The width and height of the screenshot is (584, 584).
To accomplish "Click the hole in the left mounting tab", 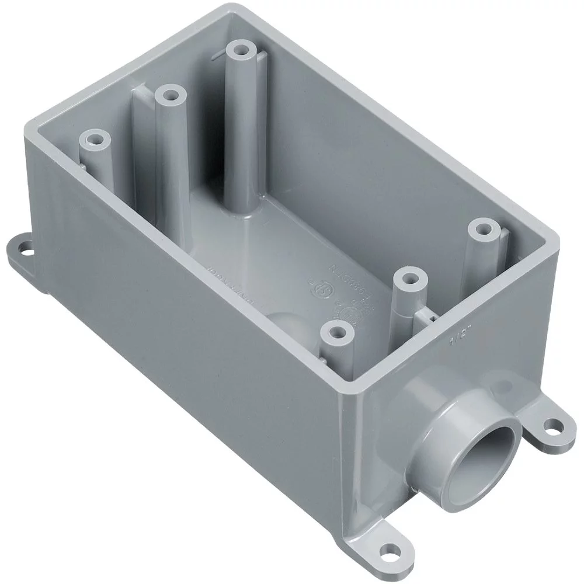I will [26, 252].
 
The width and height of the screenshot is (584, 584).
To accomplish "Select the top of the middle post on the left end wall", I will [170, 93].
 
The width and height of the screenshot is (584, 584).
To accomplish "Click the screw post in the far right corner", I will [482, 228].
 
